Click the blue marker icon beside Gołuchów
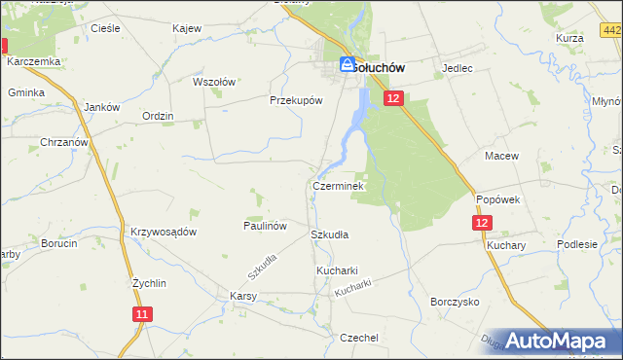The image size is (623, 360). click(347, 64)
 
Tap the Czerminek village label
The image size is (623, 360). click(338, 185)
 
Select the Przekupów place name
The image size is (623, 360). click(295, 99)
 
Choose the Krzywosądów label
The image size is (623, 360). click(164, 232)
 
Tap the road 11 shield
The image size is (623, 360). click(143, 314)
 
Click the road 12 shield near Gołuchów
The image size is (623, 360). click(392, 98)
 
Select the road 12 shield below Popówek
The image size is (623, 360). click(484, 223)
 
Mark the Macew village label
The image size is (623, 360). click(501, 156)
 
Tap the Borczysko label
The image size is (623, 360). click(455, 302)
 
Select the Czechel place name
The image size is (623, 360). click(358, 337)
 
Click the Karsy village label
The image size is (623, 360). click(242, 296)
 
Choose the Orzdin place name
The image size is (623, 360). click(157, 116)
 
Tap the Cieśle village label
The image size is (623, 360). click(104, 28)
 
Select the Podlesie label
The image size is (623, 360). click(576, 245)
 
